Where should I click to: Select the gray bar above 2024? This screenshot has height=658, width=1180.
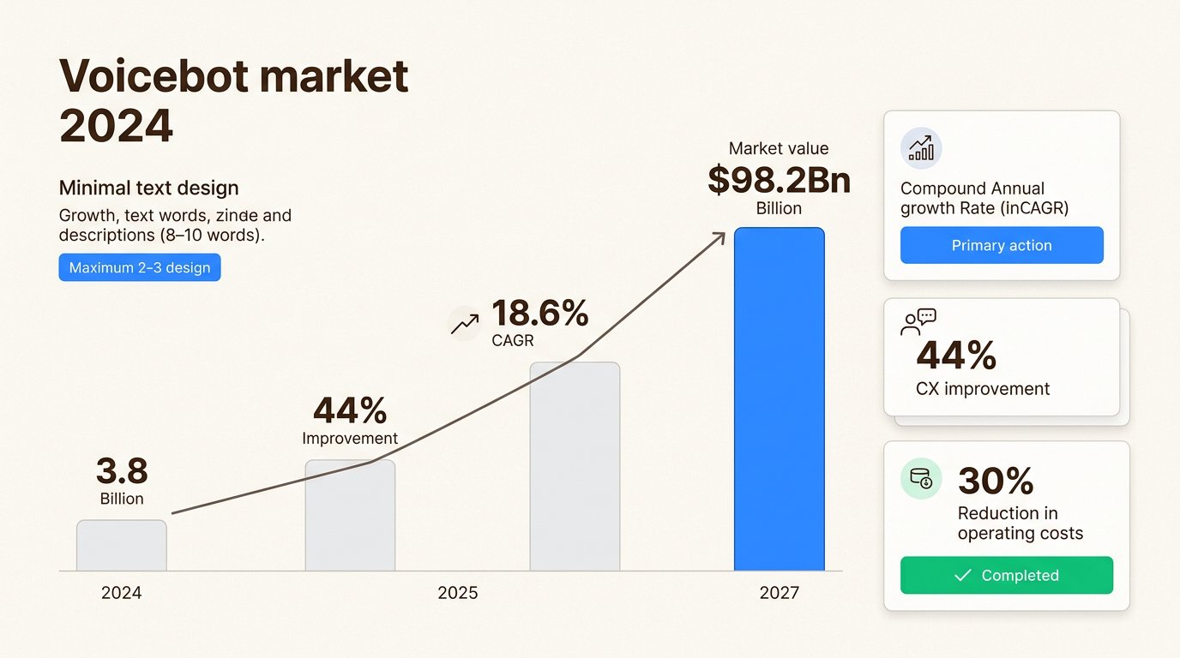pyautogui.click(x=122, y=545)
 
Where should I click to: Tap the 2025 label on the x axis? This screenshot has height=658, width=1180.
pyautogui.click(x=458, y=593)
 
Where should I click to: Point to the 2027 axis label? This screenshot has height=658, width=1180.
pyautogui.click(x=779, y=593)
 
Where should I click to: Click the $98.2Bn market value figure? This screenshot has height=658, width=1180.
pyautogui.click(x=779, y=180)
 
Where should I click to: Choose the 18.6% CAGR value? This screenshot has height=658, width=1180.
pyautogui.click(x=540, y=314)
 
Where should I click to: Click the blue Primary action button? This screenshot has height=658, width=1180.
pyautogui.click(x=1002, y=245)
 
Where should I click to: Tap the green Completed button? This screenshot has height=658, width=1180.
pyautogui.click(x=1006, y=575)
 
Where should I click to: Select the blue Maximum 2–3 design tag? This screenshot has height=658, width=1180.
pyautogui.click(x=140, y=267)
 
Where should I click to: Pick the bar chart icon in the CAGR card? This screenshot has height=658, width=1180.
pyautogui.click(x=921, y=149)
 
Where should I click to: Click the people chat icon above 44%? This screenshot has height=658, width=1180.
pyautogui.click(x=918, y=321)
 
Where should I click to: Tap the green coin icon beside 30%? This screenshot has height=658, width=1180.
pyautogui.click(x=921, y=478)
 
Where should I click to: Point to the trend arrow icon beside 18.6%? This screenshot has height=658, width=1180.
pyautogui.click(x=465, y=324)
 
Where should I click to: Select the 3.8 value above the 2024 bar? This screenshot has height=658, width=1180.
pyautogui.click(x=122, y=471)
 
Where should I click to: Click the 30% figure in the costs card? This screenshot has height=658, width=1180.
pyautogui.click(x=996, y=482)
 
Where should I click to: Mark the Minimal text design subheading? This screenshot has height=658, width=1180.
pyautogui.click(x=148, y=188)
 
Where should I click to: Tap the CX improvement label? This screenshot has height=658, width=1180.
pyautogui.click(x=983, y=388)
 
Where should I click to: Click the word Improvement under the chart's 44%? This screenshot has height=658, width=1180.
pyautogui.click(x=350, y=438)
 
